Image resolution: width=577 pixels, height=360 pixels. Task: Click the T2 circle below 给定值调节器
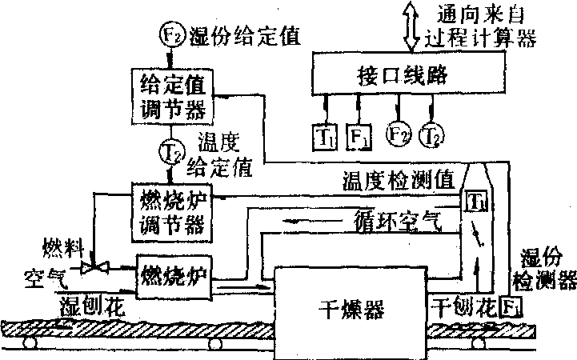170,148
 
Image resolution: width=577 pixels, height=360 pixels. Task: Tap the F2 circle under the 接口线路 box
398,133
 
